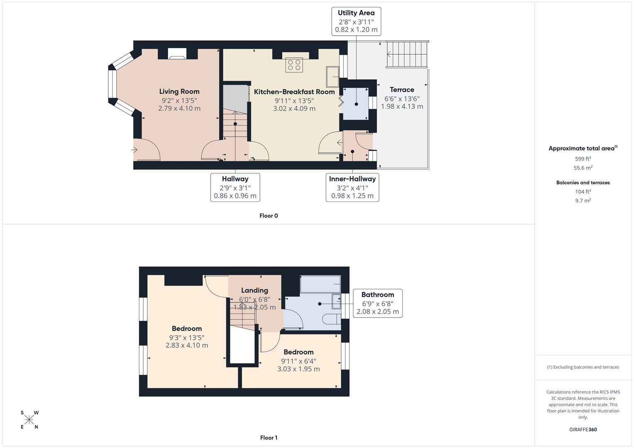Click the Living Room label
point(179,92)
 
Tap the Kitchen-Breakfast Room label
point(294,92)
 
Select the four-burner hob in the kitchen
point(294,65)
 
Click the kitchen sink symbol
point(332,77)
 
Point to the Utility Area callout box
point(356,21)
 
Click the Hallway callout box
point(235,187)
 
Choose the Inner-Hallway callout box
point(352,187)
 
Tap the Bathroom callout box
point(377,303)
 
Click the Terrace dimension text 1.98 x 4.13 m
point(402,107)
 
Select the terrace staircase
point(407,54)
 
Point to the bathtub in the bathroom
point(320,284)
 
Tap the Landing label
point(255,290)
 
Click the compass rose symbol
point(29,420)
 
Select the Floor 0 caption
point(269,216)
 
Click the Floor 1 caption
point(269,438)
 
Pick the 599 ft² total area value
point(583,159)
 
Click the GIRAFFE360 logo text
point(583,430)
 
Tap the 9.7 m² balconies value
point(583,201)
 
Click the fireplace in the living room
point(177,53)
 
